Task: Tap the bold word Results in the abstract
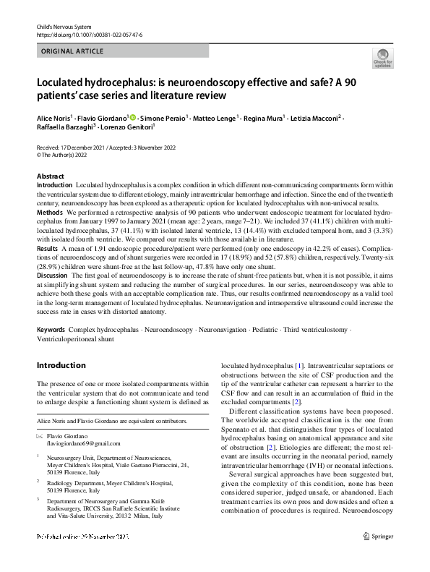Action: [x=47, y=247]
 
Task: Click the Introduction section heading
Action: [x=61, y=366]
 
